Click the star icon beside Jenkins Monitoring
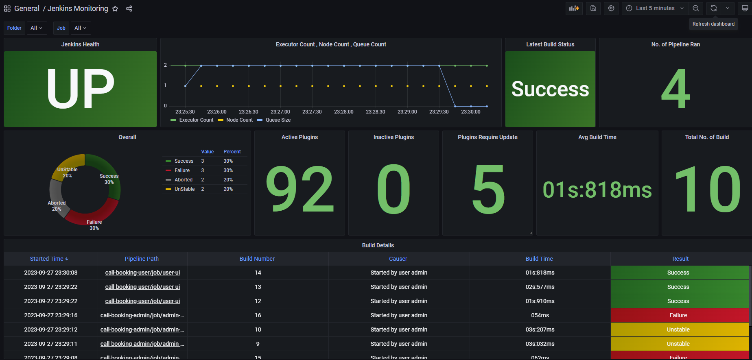point(115,9)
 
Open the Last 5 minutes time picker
point(655,8)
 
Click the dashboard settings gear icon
point(611,8)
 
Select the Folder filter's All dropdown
point(37,28)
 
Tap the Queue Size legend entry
point(278,120)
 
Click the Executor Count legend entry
point(196,120)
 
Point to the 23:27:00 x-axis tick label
point(280,112)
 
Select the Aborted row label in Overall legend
point(184,180)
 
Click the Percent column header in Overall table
point(232,152)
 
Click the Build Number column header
point(257,259)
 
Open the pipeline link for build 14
point(142,273)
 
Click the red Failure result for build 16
point(678,315)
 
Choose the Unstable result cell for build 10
point(678,329)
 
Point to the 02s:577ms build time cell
point(540,287)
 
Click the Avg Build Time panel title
point(597,137)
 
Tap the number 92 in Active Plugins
point(299,189)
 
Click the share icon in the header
point(129,9)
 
